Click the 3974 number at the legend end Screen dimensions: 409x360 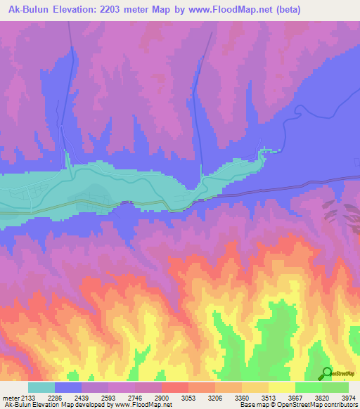tap(349, 397)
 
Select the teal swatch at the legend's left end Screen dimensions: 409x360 tap(41, 387)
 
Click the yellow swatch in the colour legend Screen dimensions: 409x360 tap(281, 387)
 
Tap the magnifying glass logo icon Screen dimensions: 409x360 tap(327, 373)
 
